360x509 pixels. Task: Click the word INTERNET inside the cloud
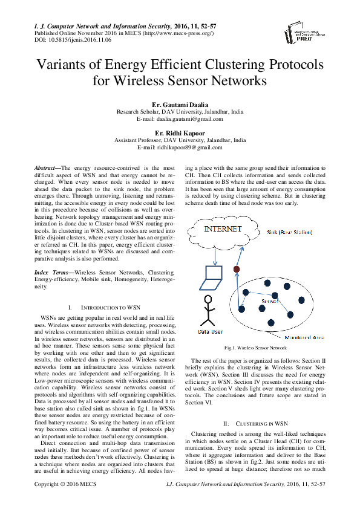223,230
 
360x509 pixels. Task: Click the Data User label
211,332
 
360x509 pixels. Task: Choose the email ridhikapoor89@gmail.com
180,147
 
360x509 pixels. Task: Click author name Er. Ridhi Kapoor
180,132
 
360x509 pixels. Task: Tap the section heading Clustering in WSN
261,423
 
